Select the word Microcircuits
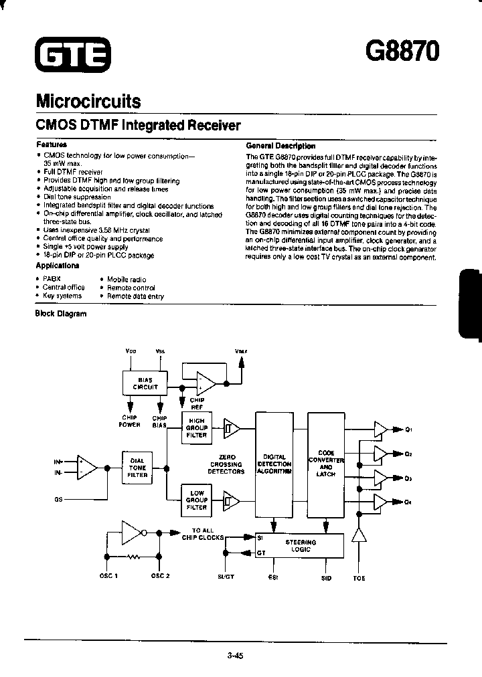(88, 101)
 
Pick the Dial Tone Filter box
(137, 466)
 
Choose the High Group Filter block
(197, 427)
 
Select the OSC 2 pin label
(160, 577)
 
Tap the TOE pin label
(359, 577)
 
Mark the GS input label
(58, 499)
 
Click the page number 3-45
(235, 656)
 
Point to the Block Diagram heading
(60, 313)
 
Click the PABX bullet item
(52, 279)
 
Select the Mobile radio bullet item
(126, 279)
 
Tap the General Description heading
(280, 145)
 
